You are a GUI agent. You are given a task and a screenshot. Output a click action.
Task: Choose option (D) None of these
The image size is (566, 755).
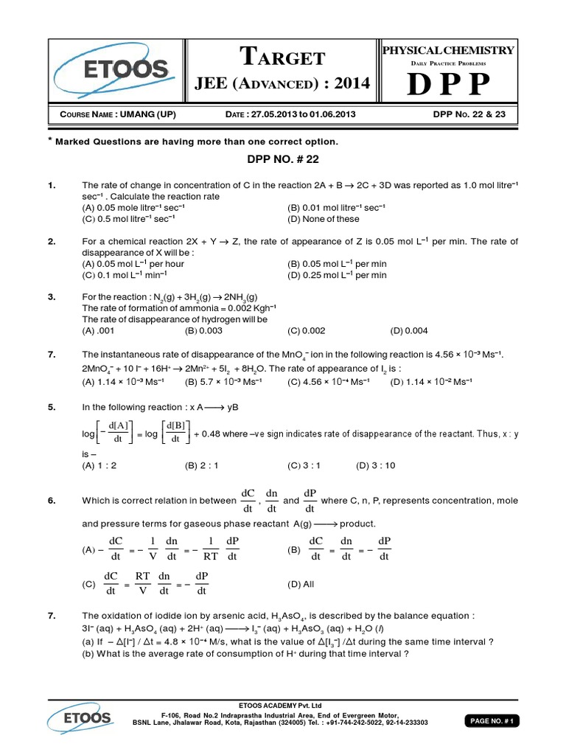pyautogui.click(x=324, y=219)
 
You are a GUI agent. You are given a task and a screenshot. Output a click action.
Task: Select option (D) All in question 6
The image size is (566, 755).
pyautogui.click(x=301, y=584)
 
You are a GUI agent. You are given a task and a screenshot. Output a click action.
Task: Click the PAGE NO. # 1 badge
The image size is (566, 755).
pyautogui.click(x=492, y=722)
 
